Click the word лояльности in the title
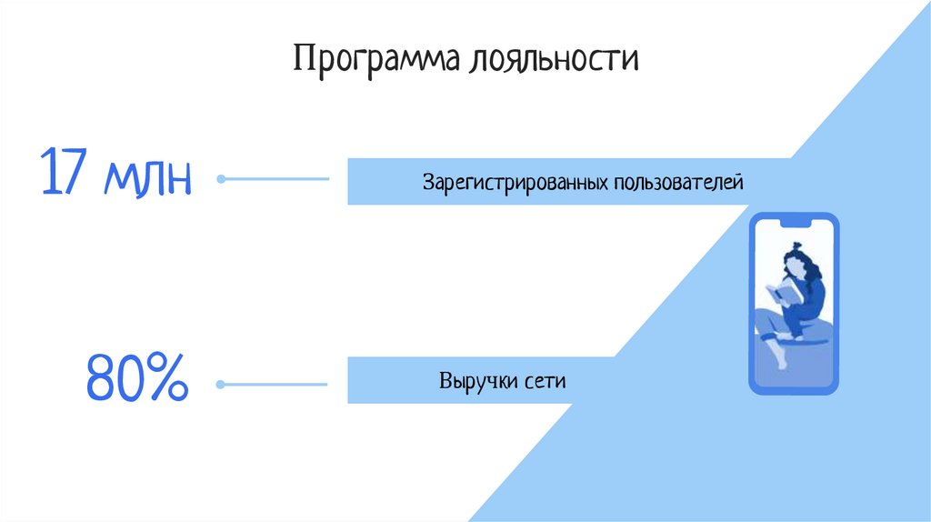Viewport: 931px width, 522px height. (554, 60)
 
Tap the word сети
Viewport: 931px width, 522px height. (545, 381)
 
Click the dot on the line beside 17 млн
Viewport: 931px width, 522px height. (220, 180)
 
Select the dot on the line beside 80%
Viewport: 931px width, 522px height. (219, 385)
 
